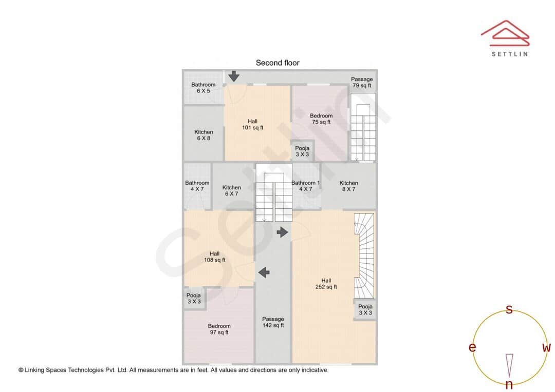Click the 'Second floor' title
(277, 63)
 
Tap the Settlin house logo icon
(505, 32)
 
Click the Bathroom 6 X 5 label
(203, 88)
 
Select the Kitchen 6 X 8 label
(203, 135)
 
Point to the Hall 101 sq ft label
(253, 124)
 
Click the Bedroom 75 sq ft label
(321, 119)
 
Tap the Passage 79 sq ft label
(362, 82)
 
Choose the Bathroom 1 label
(306, 186)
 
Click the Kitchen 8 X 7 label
(348, 186)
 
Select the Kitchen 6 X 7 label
(232, 190)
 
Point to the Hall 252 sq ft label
(326, 284)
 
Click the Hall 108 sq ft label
(215, 257)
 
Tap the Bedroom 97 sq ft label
(219, 329)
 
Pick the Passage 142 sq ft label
(273, 322)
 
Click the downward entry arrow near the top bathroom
(234, 76)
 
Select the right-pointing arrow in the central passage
(282, 232)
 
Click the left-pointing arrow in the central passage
(264, 272)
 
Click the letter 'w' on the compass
(546, 348)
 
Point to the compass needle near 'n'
(509, 364)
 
